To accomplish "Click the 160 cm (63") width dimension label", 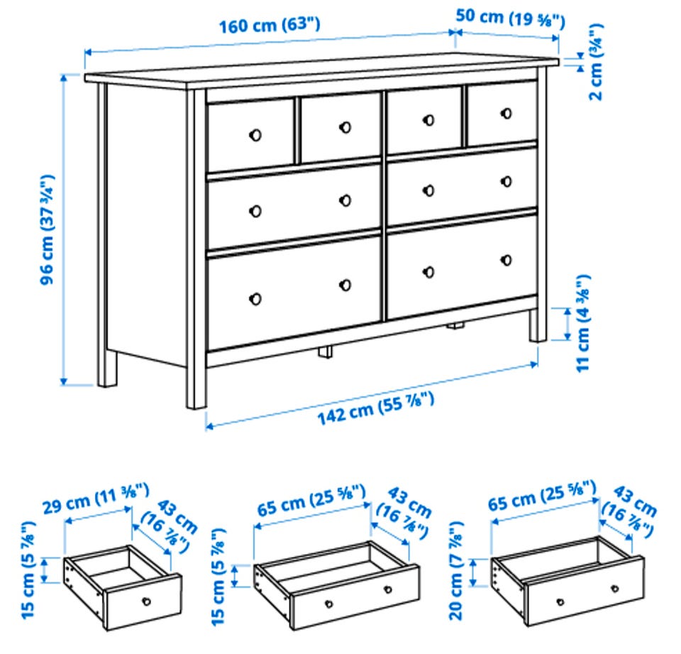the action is (x=270, y=26).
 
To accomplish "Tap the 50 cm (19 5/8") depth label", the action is (x=510, y=18).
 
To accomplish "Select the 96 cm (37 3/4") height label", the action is (x=48, y=229).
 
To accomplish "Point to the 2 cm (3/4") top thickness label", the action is (x=595, y=62).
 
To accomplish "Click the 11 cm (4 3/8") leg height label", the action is (x=583, y=322).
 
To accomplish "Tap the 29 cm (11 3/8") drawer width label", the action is (x=96, y=498).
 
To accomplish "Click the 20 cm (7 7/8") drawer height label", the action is (x=456, y=570).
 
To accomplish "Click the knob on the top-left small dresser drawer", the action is (x=255, y=135).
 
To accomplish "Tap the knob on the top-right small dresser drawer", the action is (x=506, y=114).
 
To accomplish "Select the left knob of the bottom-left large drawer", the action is (x=255, y=299).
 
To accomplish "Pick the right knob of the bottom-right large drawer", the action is (x=506, y=260).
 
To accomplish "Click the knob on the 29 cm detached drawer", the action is (x=147, y=602).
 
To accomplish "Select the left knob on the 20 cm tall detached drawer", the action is (x=560, y=602).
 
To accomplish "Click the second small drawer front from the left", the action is (x=340, y=127).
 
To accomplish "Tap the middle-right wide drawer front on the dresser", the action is (x=462, y=185).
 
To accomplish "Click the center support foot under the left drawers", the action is (x=325, y=351).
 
